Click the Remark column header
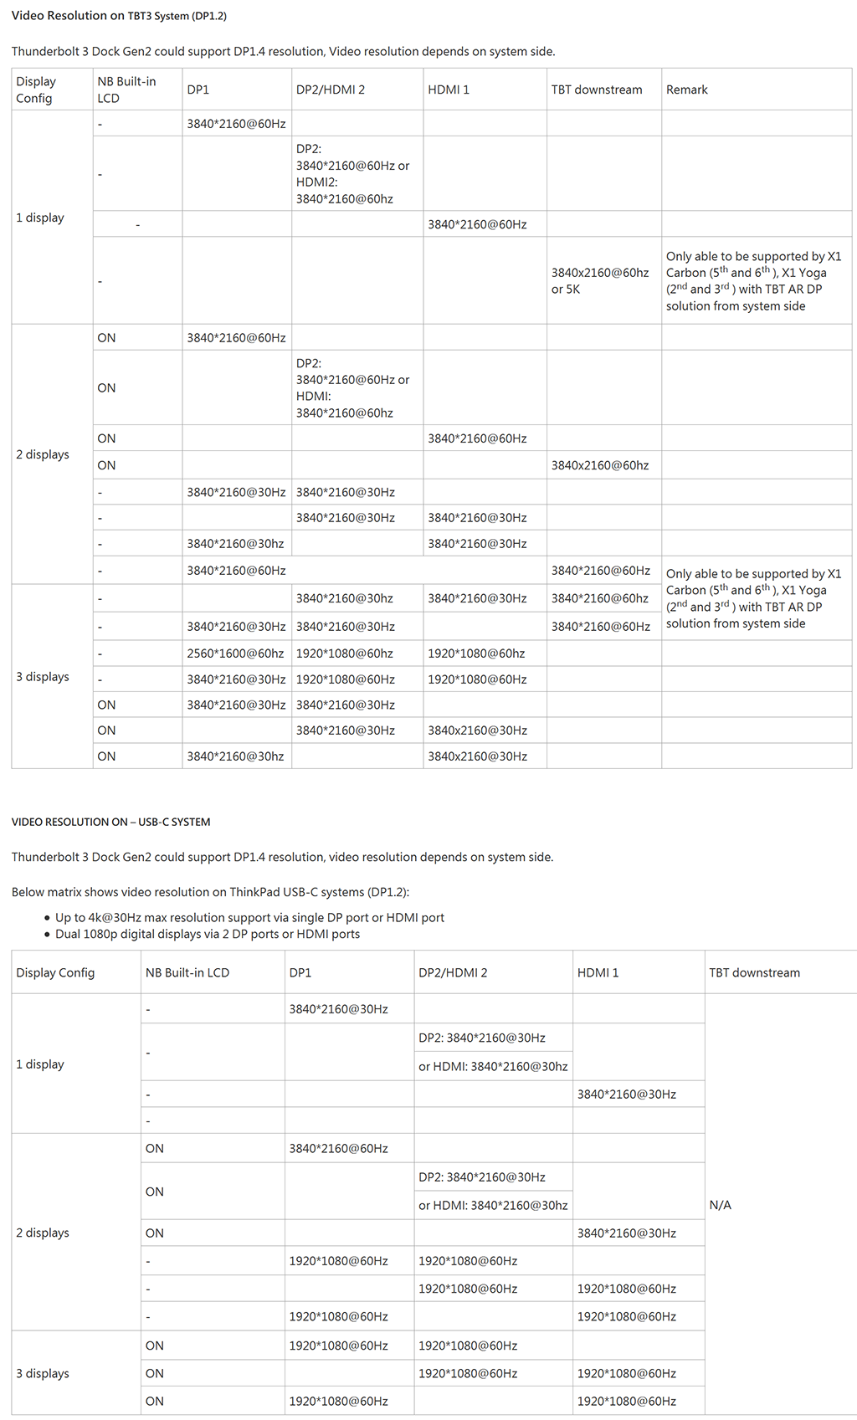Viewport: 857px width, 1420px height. [x=686, y=90]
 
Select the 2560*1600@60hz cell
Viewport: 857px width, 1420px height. [x=235, y=654]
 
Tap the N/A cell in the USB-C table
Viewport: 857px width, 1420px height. [x=720, y=1205]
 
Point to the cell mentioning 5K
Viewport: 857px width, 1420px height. [x=599, y=281]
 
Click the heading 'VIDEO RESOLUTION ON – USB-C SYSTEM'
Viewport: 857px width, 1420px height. [x=110, y=822]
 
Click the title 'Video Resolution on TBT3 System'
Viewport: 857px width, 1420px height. [x=119, y=16]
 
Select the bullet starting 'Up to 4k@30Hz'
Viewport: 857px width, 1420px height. [x=249, y=918]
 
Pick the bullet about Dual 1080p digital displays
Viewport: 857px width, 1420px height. [x=208, y=934]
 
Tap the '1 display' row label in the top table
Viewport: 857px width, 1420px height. [x=40, y=218]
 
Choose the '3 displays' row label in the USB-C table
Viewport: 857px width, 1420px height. [x=43, y=1373]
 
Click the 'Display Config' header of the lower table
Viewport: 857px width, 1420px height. [x=55, y=972]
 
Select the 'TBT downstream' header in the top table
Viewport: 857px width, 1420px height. [x=597, y=90]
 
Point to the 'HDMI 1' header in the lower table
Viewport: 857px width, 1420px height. [x=598, y=972]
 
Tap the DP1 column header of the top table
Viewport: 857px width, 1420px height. [x=198, y=90]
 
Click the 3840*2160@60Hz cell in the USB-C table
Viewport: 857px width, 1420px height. [x=338, y=1148]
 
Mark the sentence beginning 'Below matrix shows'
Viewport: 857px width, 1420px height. [x=210, y=892]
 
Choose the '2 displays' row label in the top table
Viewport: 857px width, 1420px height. [x=43, y=454]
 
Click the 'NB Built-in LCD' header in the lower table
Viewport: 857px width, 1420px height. [x=187, y=972]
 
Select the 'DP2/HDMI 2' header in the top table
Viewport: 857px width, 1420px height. [x=331, y=90]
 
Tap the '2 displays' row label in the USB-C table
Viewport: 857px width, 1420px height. [x=43, y=1233]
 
